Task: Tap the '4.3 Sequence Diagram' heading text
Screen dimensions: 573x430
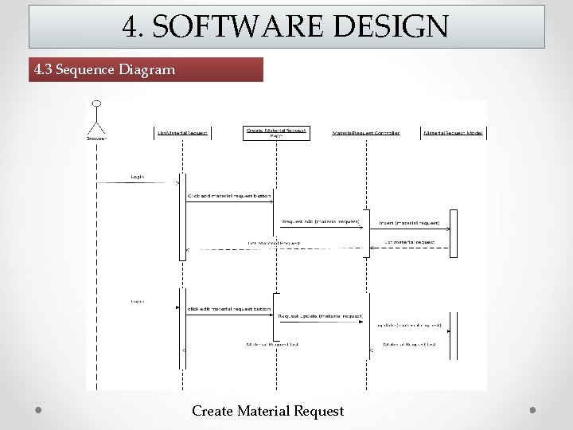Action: [104, 69]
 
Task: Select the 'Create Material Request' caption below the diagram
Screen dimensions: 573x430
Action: [267, 411]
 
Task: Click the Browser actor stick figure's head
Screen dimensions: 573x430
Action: [96, 104]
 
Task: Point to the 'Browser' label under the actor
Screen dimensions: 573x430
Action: [96, 137]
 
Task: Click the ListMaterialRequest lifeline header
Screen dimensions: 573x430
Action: [183, 133]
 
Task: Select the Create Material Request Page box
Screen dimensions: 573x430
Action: [276, 133]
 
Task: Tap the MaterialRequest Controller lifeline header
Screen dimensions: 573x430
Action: [365, 133]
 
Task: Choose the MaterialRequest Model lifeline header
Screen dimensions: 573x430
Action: [454, 133]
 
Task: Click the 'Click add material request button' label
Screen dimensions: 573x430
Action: [228, 195]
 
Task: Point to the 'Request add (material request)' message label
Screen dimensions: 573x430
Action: [321, 221]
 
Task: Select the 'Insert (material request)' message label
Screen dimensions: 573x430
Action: [409, 223]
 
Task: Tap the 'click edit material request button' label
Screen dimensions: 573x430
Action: [229, 309]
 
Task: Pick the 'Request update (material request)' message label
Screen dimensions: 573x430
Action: [320, 316]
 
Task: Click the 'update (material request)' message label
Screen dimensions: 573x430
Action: [409, 325]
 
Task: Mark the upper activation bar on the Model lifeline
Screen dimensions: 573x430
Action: [454, 233]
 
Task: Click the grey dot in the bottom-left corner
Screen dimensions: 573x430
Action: [38, 409]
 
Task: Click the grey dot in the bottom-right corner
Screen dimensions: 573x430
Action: [533, 409]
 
